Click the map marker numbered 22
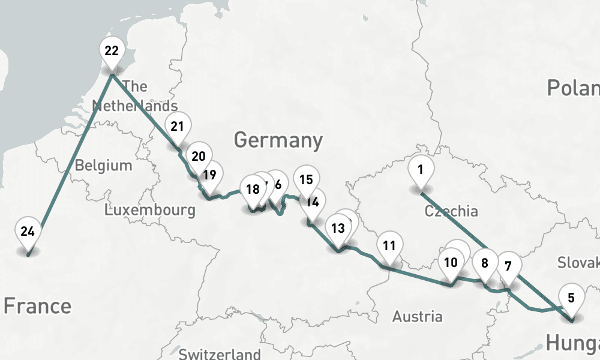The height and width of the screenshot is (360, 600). click(x=112, y=52)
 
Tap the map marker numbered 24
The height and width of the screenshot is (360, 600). click(x=27, y=232)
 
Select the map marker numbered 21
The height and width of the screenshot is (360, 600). click(x=177, y=127)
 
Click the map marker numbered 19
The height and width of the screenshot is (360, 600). click(x=209, y=176)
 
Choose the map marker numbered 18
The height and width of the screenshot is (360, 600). click(x=253, y=190)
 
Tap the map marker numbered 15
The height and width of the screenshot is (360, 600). click(x=306, y=180)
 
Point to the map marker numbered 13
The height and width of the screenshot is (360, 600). click(x=338, y=229)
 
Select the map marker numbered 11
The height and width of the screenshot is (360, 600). click(x=389, y=246)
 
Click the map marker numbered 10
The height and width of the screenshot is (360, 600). click(x=451, y=263)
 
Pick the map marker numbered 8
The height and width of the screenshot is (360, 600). click(x=485, y=263)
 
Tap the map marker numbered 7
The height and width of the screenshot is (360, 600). click(x=508, y=266)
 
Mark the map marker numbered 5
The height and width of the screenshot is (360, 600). click(x=571, y=298)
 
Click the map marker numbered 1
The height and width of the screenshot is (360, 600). click(x=420, y=170)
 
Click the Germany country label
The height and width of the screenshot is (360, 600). click(x=278, y=140)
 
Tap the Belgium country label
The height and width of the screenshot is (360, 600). click(x=103, y=165)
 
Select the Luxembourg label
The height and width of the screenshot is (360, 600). click(x=149, y=210)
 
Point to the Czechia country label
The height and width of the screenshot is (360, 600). click(x=451, y=211)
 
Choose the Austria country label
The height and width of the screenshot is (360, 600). click(x=418, y=316)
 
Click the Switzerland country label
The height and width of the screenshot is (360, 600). click(x=220, y=353)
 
